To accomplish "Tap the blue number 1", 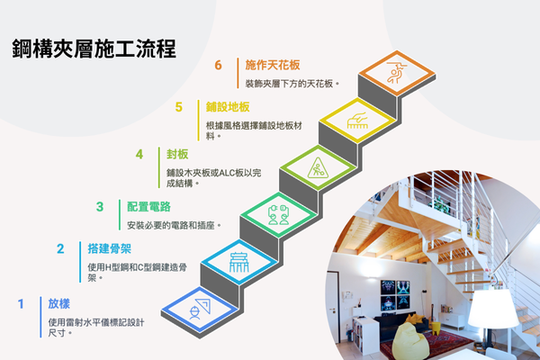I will coord(21,304).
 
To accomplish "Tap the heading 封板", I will coord(178,154).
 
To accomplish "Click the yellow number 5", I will coord(179,107).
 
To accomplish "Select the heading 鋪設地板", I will coord(229,107).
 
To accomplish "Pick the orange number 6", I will coord(219,65).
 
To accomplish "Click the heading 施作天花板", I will coord(273,65).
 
